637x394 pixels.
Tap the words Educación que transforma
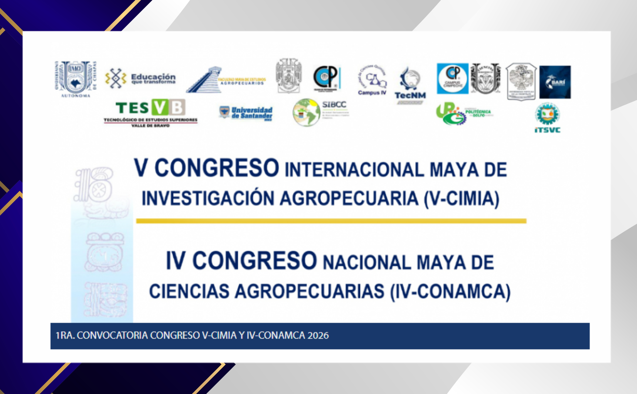[x=153, y=78]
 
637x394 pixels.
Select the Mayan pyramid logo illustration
[x=204, y=80]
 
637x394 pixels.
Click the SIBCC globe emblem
[x=306, y=112]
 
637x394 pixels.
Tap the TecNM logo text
[x=410, y=95]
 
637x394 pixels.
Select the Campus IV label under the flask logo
[x=372, y=92]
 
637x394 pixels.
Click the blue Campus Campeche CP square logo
[x=452, y=78]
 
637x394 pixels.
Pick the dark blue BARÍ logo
[x=555, y=82]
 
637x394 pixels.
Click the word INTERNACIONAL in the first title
[x=354, y=170]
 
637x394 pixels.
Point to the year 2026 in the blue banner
[x=318, y=336]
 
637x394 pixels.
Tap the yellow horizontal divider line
[x=331, y=221]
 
